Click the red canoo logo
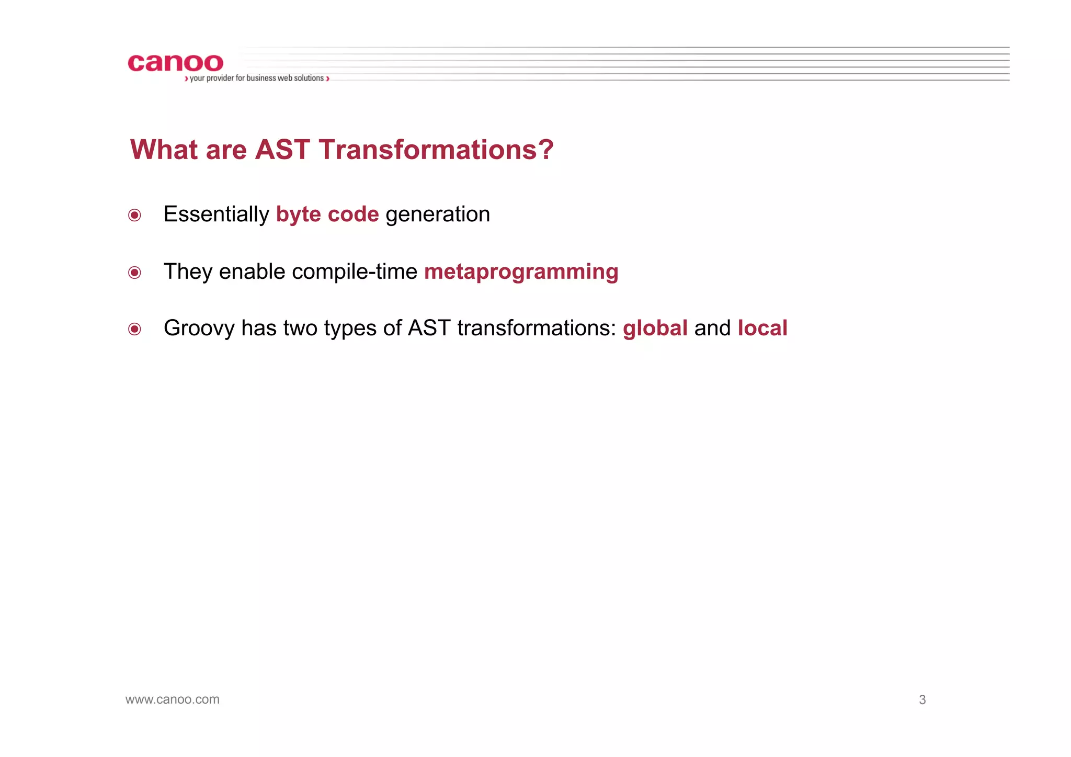tap(175, 63)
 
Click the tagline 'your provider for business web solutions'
tap(256, 78)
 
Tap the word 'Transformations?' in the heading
tap(436, 150)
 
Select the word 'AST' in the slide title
tap(282, 150)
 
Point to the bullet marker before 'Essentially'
tap(134, 216)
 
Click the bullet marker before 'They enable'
tap(134, 273)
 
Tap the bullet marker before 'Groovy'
tap(134, 329)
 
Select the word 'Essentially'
tap(216, 214)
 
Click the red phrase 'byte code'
tap(327, 214)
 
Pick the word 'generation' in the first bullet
tap(438, 214)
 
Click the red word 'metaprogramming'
tap(521, 272)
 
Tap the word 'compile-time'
tap(355, 272)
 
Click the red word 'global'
tap(655, 329)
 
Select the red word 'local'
tap(762, 329)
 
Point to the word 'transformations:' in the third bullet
tap(537, 329)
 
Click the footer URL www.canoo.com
tap(173, 699)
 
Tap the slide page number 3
tap(922, 700)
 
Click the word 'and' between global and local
tap(712, 329)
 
